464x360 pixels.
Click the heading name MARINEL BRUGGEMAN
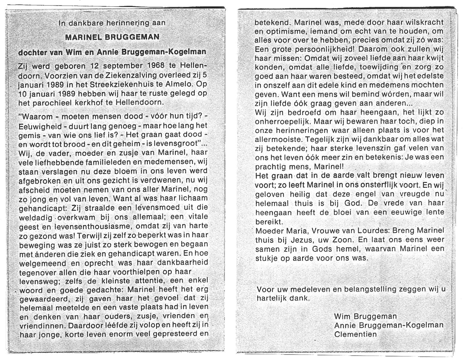112,37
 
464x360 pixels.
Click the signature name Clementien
355,334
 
